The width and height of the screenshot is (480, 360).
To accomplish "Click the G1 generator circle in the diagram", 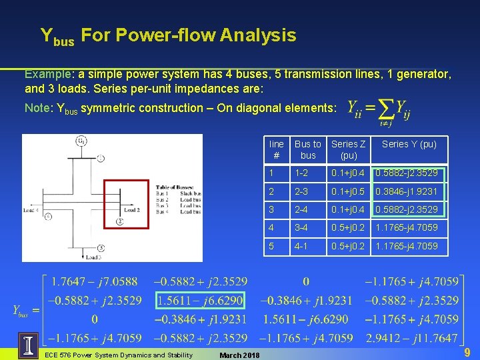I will tap(81, 141).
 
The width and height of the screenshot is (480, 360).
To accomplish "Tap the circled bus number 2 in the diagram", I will tap(119, 221).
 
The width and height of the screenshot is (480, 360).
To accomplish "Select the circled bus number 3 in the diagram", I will tap(101, 248).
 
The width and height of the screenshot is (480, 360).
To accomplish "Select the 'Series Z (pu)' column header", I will tap(349, 149).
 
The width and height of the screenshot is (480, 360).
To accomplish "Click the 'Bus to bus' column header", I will tap(307, 149).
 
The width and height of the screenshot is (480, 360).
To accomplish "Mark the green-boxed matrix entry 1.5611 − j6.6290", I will tap(201, 301).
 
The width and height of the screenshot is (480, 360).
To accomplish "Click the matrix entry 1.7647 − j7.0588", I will tap(94, 281).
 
